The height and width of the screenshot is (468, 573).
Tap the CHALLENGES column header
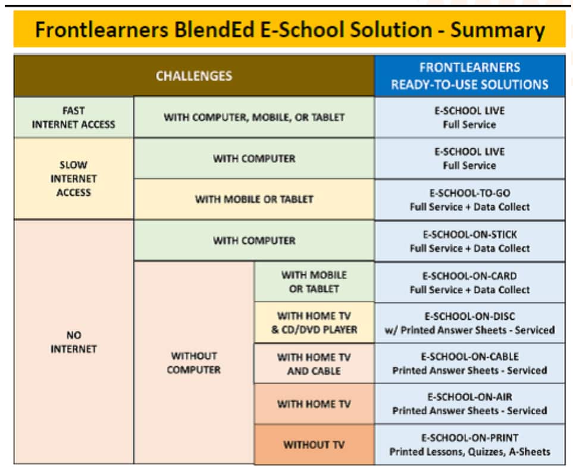(x=194, y=76)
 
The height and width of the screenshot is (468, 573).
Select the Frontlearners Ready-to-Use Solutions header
(x=469, y=76)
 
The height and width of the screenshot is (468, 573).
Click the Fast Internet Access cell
(x=74, y=117)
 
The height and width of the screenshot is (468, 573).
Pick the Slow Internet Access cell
(x=74, y=179)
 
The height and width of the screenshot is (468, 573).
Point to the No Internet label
(x=74, y=342)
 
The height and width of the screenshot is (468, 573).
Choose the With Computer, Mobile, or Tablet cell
(x=254, y=117)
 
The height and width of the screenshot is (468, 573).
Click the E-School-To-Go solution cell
(x=469, y=199)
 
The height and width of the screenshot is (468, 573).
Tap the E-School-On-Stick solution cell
(x=469, y=241)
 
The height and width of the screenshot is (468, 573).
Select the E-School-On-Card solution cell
(x=469, y=282)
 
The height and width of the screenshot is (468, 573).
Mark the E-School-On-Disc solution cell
(x=469, y=323)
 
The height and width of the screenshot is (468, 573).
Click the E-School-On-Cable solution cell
(x=469, y=363)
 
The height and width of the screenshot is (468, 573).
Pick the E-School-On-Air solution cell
(x=469, y=404)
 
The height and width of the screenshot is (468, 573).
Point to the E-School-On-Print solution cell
(x=469, y=445)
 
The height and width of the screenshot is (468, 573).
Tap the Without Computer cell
(x=194, y=363)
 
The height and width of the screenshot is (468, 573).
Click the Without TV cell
(x=314, y=445)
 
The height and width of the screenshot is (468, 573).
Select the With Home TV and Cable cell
(x=314, y=364)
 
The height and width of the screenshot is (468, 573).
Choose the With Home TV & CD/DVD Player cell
(x=314, y=323)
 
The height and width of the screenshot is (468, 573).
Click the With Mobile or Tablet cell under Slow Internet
(x=254, y=199)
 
